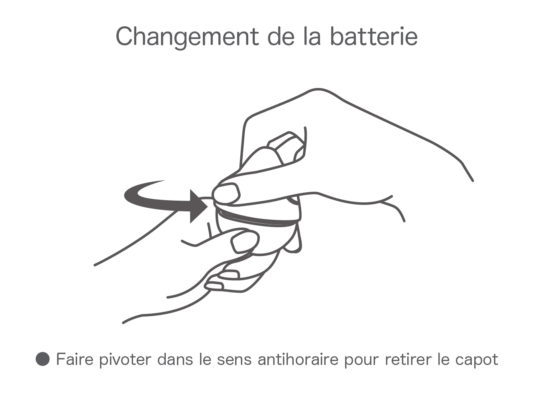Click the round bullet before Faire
43,359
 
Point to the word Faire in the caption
75,359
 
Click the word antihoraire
298,359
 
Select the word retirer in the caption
408,359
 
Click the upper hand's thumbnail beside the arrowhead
226,193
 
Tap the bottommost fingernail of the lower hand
214,286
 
